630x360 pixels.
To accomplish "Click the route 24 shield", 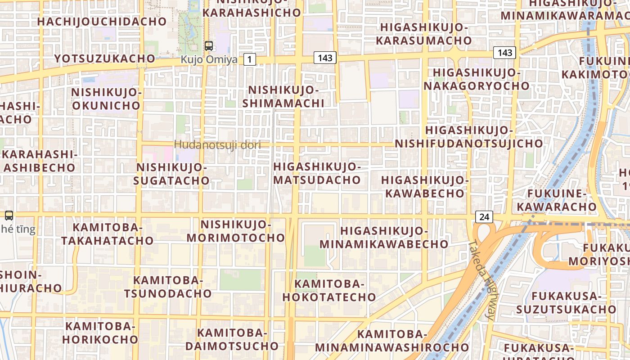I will pos(484,217).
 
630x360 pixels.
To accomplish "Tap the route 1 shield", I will pos(250,59).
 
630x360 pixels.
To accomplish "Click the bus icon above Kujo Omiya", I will pos(208,45).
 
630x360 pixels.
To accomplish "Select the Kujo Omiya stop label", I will pos(209,59).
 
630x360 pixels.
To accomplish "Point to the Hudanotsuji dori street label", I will pos(217,144).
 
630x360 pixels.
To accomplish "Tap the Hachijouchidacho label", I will pos(102,21).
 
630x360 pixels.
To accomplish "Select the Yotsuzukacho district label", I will pos(104,58).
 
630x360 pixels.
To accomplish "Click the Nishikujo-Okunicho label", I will pos(106,99).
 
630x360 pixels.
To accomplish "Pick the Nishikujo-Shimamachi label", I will pos(283,96).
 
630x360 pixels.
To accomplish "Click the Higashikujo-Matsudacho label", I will pos(317,173).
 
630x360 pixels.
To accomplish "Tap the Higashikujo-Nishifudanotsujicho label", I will pos(469,137).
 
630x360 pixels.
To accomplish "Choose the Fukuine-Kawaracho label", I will pos(556,200).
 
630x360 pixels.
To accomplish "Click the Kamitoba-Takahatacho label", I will pos(108,234).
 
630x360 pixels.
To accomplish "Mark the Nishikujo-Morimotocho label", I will pos(236,230).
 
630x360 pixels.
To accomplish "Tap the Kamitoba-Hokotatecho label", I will pos(329,290).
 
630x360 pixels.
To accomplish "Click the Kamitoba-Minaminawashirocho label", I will pos(391,341).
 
